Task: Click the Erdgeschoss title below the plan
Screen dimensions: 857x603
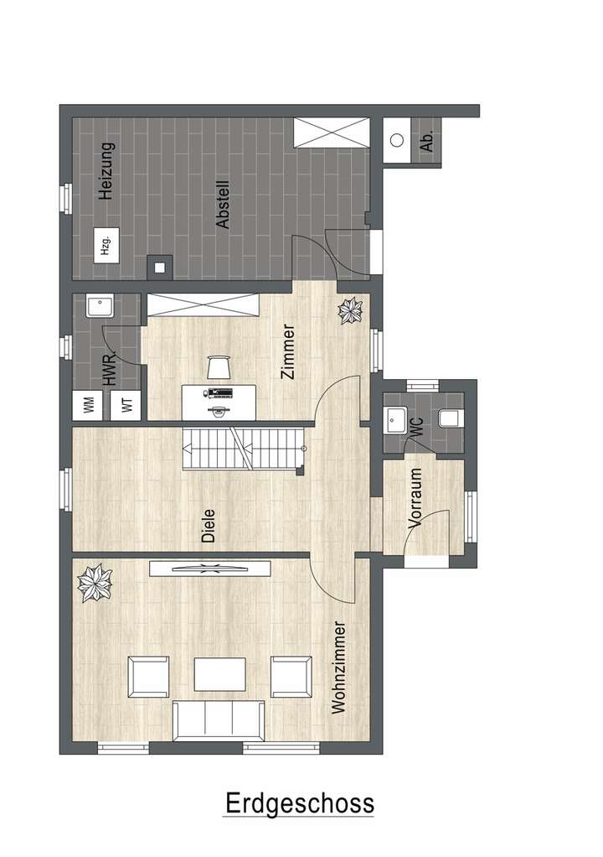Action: coord(299,803)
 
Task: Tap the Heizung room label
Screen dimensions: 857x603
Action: coord(106,170)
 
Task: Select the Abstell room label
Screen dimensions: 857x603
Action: coord(223,205)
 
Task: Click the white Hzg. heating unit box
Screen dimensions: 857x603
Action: coord(106,246)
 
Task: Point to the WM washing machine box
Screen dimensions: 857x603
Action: coord(88,405)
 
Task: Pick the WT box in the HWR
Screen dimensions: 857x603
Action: coord(126,405)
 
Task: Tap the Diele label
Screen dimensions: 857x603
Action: coord(209,526)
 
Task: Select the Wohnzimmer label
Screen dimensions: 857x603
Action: coord(338,667)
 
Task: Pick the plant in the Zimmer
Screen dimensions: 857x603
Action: coord(348,312)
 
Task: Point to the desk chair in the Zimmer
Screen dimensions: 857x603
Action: coord(219,366)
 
